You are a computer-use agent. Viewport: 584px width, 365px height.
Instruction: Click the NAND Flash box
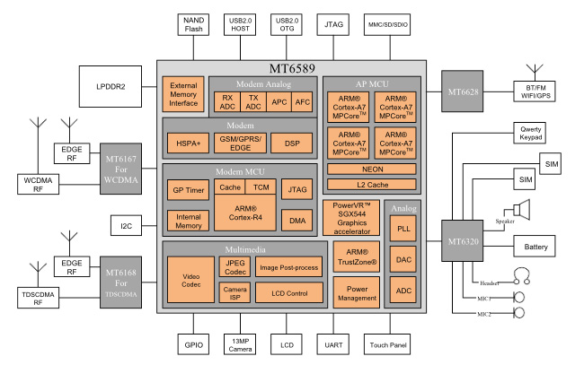coord(194,25)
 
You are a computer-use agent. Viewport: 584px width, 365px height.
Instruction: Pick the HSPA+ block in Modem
coord(187,143)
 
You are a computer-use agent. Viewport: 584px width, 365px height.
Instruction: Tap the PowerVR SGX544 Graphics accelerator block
coord(350,218)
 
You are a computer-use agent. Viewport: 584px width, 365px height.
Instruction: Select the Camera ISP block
coord(234,292)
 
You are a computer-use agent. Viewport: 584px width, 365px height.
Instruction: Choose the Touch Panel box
coord(387,343)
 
